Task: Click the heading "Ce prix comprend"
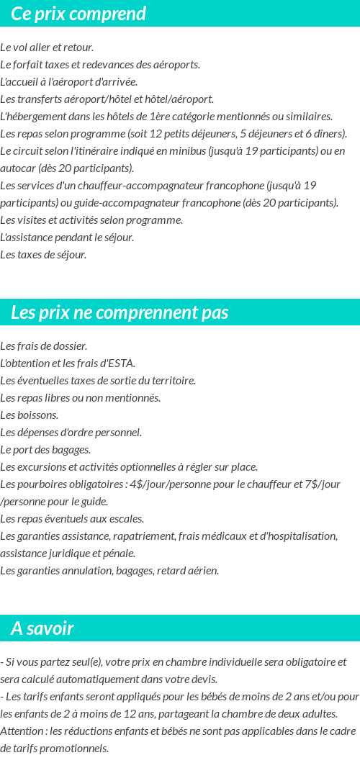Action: (78, 14)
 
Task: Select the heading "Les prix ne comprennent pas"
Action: (120, 312)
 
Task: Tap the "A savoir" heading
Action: (42, 628)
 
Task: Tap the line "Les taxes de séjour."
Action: (43, 255)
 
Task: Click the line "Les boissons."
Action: (30, 415)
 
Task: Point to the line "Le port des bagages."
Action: (45, 450)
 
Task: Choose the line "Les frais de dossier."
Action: (44, 346)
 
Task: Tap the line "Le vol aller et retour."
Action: (47, 48)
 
